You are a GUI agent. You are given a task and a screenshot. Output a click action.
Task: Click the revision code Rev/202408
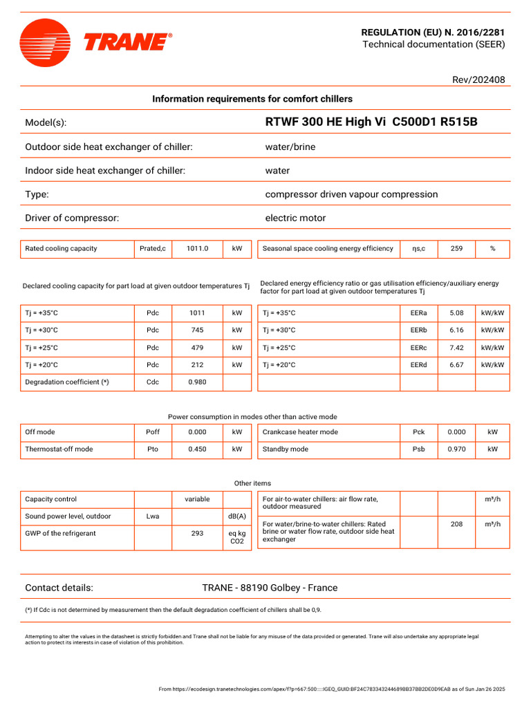(x=478, y=80)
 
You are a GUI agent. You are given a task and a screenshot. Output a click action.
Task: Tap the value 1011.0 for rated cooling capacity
(x=197, y=249)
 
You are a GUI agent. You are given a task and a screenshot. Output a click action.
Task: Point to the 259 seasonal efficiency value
(x=456, y=249)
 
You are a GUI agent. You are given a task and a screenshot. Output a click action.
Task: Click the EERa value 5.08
(x=456, y=313)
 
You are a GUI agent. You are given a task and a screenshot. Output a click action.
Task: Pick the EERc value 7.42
(x=456, y=348)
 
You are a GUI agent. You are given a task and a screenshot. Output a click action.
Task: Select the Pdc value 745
(x=197, y=330)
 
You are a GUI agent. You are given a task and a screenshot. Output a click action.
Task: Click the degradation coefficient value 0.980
(x=197, y=382)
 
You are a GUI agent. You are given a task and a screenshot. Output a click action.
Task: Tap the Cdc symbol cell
(x=153, y=382)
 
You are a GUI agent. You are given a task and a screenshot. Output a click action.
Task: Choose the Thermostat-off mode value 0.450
(x=197, y=449)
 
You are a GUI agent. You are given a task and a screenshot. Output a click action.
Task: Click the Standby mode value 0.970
(x=456, y=449)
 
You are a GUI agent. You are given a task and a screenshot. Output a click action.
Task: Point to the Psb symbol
(x=418, y=449)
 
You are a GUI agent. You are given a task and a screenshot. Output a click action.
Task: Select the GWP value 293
(x=197, y=534)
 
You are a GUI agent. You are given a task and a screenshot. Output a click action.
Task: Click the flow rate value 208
(x=456, y=525)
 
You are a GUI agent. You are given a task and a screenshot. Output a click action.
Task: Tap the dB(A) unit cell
(x=237, y=516)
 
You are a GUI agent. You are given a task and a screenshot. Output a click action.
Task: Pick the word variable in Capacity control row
(x=197, y=499)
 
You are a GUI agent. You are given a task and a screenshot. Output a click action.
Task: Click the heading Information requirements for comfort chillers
(x=252, y=99)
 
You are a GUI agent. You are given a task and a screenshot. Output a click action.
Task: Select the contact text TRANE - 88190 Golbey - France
(x=270, y=588)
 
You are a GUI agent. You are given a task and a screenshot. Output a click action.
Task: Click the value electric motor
(x=295, y=218)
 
